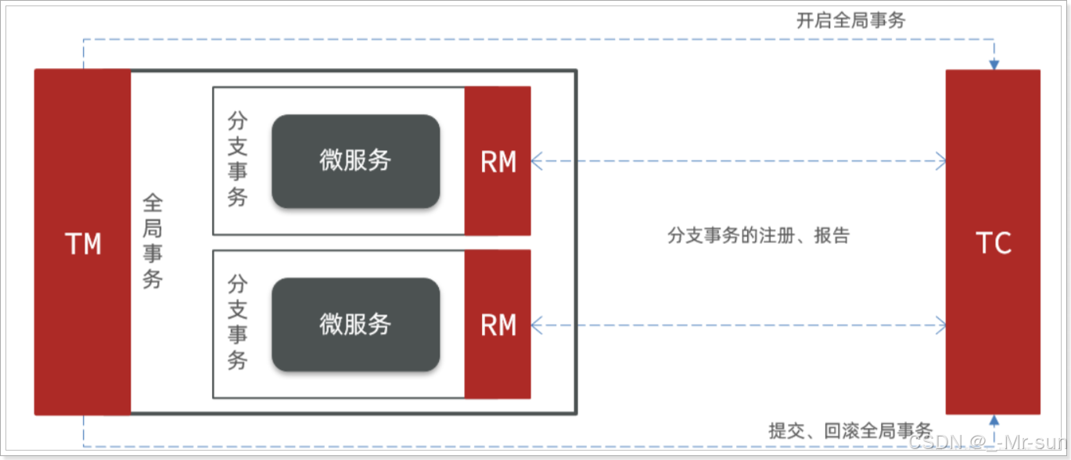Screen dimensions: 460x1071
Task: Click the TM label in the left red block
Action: tap(83, 243)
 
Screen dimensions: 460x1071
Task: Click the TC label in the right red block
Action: tap(994, 243)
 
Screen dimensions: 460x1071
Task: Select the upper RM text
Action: tap(498, 162)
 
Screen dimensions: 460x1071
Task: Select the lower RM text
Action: tap(498, 325)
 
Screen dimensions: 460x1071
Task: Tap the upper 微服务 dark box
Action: tap(355, 161)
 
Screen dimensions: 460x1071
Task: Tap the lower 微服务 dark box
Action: tap(355, 324)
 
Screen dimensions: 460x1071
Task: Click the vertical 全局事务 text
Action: tap(153, 242)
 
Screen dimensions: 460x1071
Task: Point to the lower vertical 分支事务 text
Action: tap(237, 322)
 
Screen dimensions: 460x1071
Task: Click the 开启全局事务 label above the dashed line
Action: tap(850, 21)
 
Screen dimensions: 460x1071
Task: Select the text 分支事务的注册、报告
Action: tap(758, 235)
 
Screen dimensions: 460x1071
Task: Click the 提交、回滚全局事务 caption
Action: tap(850, 429)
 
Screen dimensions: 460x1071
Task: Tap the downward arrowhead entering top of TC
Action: tap(994, 64)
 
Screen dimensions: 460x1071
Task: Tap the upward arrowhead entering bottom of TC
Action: tap(994, 420)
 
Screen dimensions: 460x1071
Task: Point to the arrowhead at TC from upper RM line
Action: tap(941, 162)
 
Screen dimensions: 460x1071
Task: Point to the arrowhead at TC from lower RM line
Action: tap(941, 325)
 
